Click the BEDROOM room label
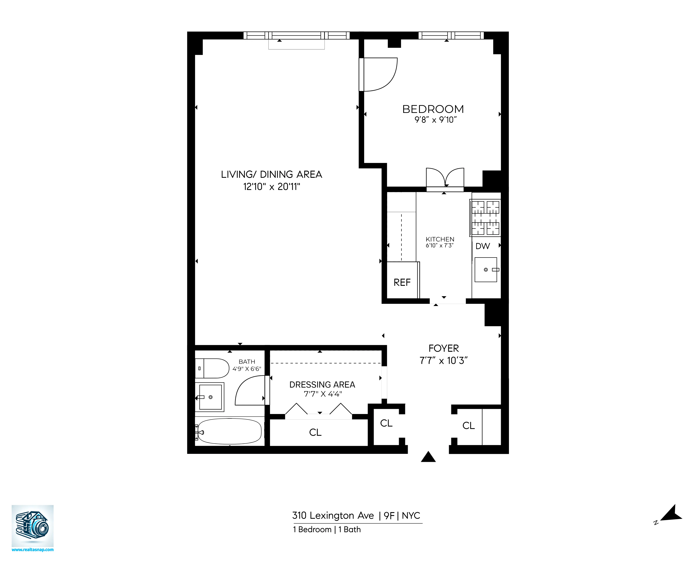pyautogui.click(x=433, y=109)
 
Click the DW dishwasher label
pyautogui.click(x=483, y=246)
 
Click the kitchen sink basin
pyautogui.click(x=486, y=269)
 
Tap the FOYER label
pyautogui.click(x=444, y=348)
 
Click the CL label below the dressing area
pyautogui.click(x=315, y=432)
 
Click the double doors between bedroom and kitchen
pyautogui.click(x=445, y=178)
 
